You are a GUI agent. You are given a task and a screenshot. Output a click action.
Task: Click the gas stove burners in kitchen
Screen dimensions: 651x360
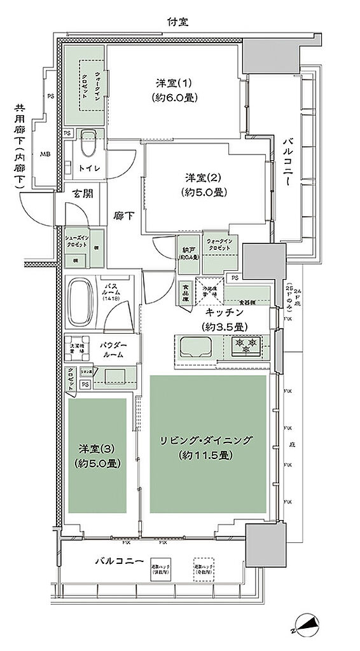(x=246, y=347)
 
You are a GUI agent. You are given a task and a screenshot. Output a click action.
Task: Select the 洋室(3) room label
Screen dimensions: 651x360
(x=95, y=455)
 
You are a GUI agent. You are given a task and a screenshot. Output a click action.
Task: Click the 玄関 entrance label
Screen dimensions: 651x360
(x=83, y=194)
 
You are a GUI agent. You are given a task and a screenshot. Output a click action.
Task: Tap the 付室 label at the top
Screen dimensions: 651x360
(x=177, y=22)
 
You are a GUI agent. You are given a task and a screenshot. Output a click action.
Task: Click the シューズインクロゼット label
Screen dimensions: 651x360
(x=77, y=241)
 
